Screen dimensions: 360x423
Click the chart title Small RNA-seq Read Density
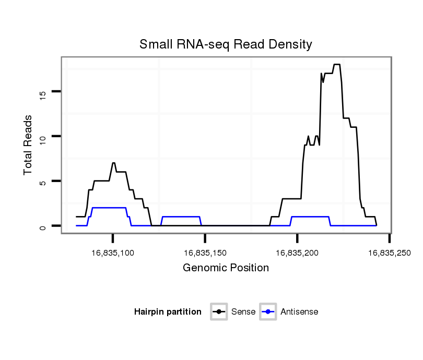tap(226, 44)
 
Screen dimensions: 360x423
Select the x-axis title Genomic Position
tap(226, 268)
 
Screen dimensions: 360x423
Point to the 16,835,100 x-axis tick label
tap(113, 253)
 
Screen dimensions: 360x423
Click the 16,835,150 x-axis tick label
tap(205, 253)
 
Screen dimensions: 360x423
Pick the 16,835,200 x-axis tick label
tap(297, 253)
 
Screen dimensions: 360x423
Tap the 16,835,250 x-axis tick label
tap(389, 253)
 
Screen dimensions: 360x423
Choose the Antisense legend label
tap(299, 312)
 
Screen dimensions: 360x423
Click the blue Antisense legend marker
tap(268, 312)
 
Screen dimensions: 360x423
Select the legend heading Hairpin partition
tap(168, 312)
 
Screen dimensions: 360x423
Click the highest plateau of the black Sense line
tap(337, 65)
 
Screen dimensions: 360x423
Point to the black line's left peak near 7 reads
tap(113, 163)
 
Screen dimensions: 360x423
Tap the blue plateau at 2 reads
tap(109, 208)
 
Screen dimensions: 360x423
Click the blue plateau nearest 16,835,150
tap(181, 217)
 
